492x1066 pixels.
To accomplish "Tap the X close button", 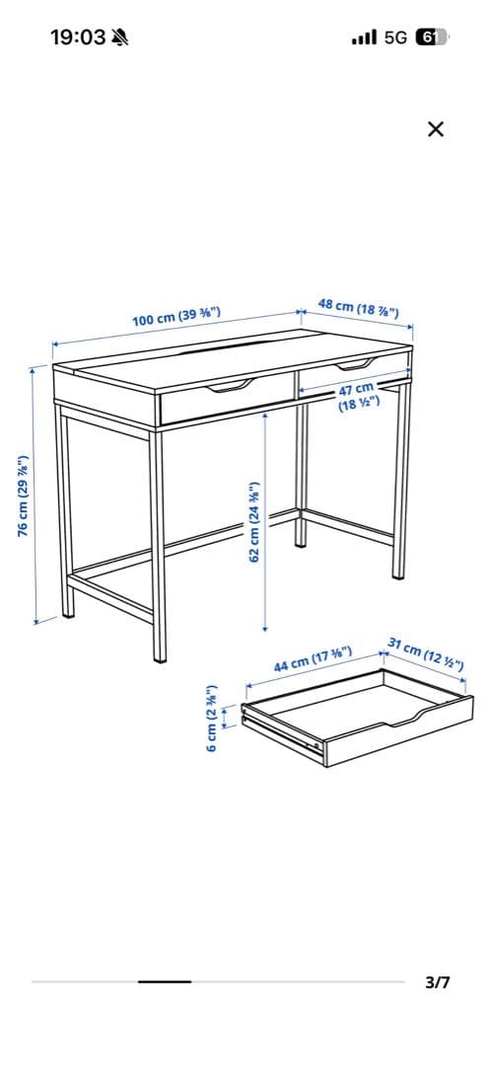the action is pyautogui.click(x=436, y=128).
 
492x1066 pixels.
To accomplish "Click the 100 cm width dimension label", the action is pyautogui.click(x=176, y=317).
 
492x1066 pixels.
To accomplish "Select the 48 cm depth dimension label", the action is pyautogui.click(x=358, y=308).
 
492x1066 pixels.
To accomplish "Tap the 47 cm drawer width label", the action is pyautogui.click(x=358, y=397).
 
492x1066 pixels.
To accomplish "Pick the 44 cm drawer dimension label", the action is pyautogui.click(x=313, y=658).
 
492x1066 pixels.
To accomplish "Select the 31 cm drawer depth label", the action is pyautogui.click(x=426, y=652).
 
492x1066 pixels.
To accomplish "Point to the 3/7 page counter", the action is pyautogui.click(x=438, y=982).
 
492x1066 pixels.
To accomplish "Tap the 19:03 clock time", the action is pyautogui.click(x=78, y=38).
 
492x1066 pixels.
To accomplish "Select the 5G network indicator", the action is pyautogui.click(x=395, y=38).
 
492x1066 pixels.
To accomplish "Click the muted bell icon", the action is pyautogui.click(x=120, y=38).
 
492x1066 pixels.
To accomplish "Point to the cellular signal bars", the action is pyautogui.click(x=364, y=38).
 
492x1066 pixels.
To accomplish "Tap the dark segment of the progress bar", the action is pyautogui.click(x=165, y=981).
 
